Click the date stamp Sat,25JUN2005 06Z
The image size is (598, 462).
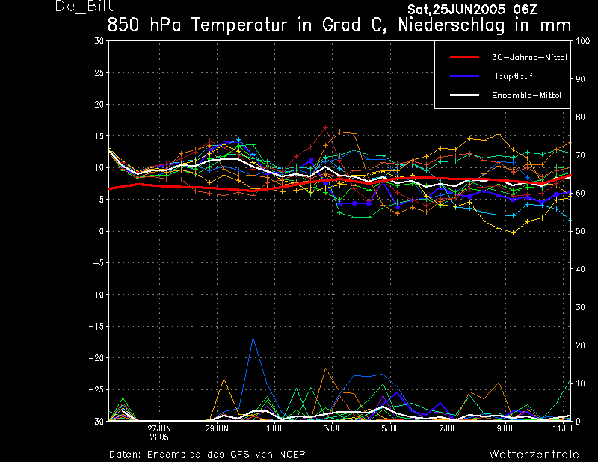(x=472, y=9)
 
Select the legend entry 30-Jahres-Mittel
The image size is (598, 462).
(x=526, y=57)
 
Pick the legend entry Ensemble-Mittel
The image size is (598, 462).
(x=525, y=95)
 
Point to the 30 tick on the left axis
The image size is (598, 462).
(x=99, y=41)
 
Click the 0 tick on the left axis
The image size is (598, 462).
(x=102, y=231)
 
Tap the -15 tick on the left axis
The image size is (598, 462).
(x=96, y=326)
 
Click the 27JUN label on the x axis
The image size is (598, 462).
(x=158, y=428)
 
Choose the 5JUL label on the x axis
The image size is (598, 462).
(x=389, y=428)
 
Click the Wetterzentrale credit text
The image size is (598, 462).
(x=534, y=454)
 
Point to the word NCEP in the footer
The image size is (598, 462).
(x=289, y=454)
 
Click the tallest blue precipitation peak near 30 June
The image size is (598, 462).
(x=253, y=338)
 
